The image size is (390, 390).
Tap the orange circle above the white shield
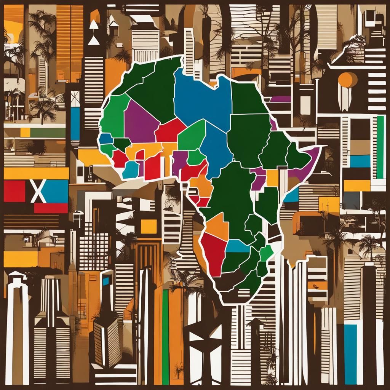point(347,80)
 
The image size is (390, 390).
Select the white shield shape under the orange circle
point(345,98)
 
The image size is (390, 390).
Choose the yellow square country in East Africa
point(272,177)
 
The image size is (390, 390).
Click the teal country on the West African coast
point(130,169)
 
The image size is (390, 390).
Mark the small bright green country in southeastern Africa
point(266,253)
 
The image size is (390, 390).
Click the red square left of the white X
point(14,191)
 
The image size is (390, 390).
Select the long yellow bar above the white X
point(36,173)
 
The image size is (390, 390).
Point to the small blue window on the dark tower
point(105,281)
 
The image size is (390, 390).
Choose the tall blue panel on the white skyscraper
point(350,354)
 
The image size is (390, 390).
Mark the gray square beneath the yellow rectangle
point(351,200)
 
